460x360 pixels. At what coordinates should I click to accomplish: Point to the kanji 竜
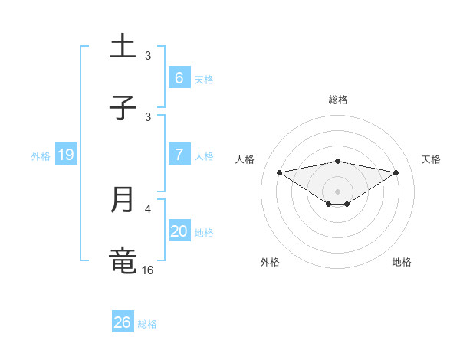(123, 260)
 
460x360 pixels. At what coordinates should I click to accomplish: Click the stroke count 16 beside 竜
(148, 270)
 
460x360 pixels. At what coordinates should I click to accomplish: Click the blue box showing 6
(179, 78)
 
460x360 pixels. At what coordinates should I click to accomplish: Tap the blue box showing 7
(179, 155)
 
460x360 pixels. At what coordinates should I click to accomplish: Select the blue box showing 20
(179, 231)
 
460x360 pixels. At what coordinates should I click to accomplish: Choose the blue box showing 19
(65, 155)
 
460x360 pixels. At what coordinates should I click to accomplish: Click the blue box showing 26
(122, 322)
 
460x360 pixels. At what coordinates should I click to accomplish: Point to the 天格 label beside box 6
(204, 79)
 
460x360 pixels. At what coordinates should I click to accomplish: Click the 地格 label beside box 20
(204, 232)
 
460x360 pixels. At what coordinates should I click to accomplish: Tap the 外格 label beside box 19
(41, 156)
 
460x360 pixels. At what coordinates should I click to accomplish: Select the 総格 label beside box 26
(147, 323)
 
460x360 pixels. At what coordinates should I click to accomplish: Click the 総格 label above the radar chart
(338, 100)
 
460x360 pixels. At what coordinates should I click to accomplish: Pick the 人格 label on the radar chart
(245, 159)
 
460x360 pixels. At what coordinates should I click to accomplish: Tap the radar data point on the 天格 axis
(396, 172)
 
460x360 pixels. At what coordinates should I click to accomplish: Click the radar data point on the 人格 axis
(280, 172)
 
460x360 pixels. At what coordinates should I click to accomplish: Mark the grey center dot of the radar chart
(338, 191)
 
